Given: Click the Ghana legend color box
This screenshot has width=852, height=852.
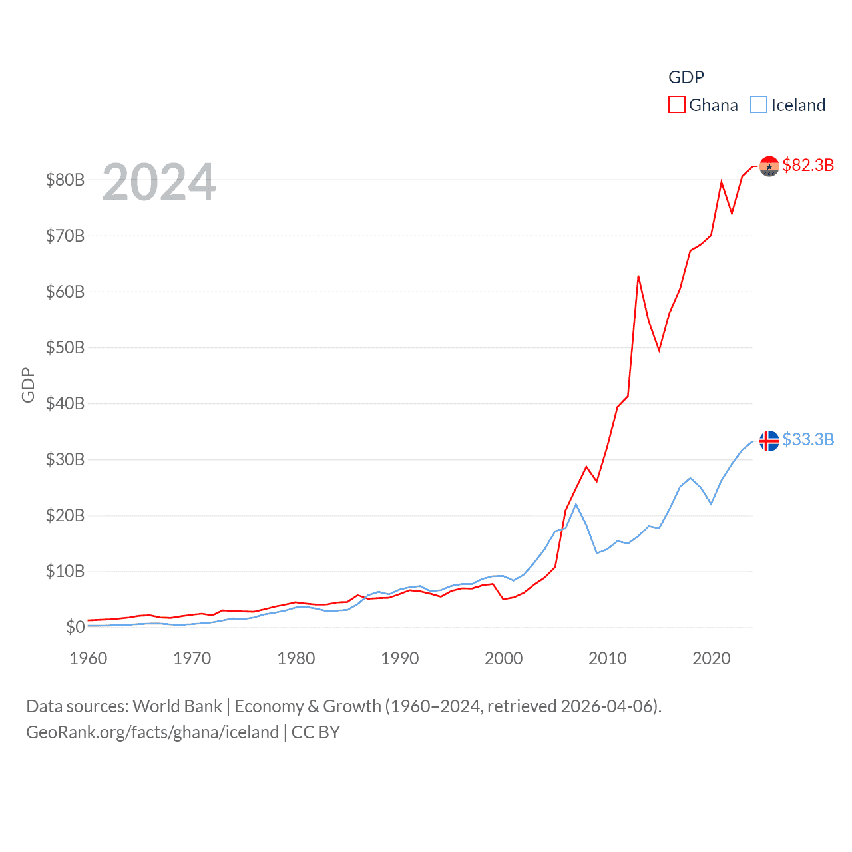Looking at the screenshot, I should [676, 105].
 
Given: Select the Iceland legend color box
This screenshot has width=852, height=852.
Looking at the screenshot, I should [759, 105].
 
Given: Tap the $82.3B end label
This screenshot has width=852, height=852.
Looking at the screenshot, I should [808, 165].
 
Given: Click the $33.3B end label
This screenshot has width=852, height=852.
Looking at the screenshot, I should [808, 439].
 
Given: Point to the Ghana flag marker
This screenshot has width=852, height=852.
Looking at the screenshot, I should [769, 166].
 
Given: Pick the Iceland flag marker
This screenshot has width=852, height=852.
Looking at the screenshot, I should [769, 441].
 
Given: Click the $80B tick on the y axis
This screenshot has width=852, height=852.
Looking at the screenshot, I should [65, 180].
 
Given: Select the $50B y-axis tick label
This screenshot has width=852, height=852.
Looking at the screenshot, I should [65, 347].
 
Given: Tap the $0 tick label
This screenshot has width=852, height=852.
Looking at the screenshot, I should [75, 627].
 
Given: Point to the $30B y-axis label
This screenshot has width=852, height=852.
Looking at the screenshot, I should [65, 459].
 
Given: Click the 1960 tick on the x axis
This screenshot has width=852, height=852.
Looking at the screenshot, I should [89, 658].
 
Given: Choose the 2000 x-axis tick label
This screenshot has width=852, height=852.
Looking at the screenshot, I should [504, 658].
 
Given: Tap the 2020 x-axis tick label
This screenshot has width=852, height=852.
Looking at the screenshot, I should [712, 658].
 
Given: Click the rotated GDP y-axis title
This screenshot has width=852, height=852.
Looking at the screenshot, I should [28, 385].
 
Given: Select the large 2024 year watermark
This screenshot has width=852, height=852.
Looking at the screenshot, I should [159, 182].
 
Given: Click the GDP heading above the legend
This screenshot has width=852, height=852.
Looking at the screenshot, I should [686, 77].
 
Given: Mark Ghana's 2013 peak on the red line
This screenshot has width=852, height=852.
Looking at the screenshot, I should [638, 276].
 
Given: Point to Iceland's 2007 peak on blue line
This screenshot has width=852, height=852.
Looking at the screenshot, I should [576, 504].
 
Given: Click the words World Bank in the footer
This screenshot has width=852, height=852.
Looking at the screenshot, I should [177, 706].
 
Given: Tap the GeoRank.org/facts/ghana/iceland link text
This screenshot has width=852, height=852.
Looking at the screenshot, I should [152, 732].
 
